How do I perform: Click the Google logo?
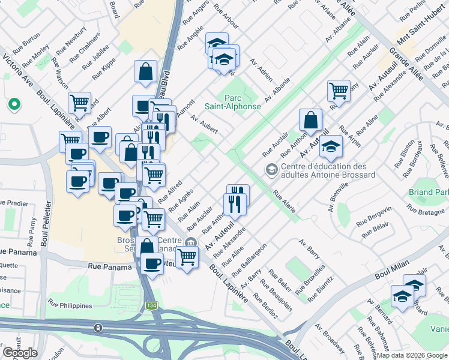(20, 352)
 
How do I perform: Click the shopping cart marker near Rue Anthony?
(339, 91)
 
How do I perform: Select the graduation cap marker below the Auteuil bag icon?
(331, 146)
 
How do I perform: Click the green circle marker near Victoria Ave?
(13, 104)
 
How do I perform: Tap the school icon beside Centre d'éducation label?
(272, 170)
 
